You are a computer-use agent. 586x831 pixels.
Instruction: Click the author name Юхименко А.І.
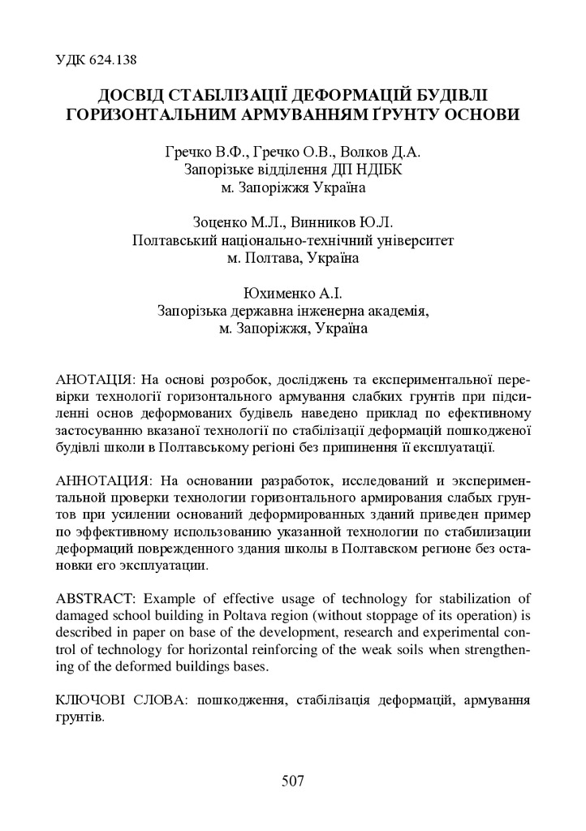pos(291,293)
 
